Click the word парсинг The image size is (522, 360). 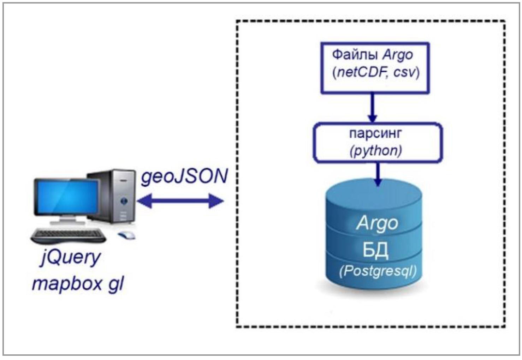point(376,134)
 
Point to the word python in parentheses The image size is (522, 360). point(376,151)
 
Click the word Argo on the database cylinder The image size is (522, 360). point(377,223)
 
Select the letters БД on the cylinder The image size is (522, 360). point(375,250)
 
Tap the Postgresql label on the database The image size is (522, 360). point(378,271)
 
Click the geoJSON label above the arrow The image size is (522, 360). point(184,176)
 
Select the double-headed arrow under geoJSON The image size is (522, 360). point(180,201)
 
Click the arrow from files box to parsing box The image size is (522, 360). point(372,108)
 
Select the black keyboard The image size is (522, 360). point(69,235)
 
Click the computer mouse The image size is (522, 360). point(126,235)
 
